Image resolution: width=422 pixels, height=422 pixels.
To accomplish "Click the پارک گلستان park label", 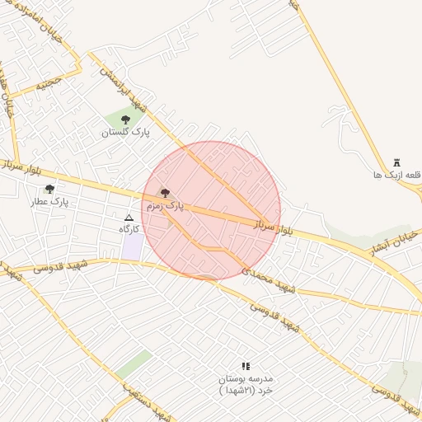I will (126, 133).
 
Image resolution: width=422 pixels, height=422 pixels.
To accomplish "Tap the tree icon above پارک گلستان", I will (125, 120).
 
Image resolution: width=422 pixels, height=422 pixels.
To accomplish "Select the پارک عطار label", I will (50, 201).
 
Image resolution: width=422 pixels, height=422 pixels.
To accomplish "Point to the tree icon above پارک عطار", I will (49, 190).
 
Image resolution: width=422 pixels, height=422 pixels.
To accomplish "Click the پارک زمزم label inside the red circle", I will (166, 206).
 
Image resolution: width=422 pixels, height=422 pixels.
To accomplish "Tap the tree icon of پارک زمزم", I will (165, 193).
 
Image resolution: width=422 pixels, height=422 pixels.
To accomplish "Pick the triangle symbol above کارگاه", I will (127, 217).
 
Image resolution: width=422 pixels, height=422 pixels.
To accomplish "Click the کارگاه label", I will (127, 228).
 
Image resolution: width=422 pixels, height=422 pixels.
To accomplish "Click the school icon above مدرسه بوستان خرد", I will (245, 365).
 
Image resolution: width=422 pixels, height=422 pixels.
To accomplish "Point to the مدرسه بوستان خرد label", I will (245, 385).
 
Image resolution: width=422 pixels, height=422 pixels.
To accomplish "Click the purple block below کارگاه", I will (132, 246).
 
